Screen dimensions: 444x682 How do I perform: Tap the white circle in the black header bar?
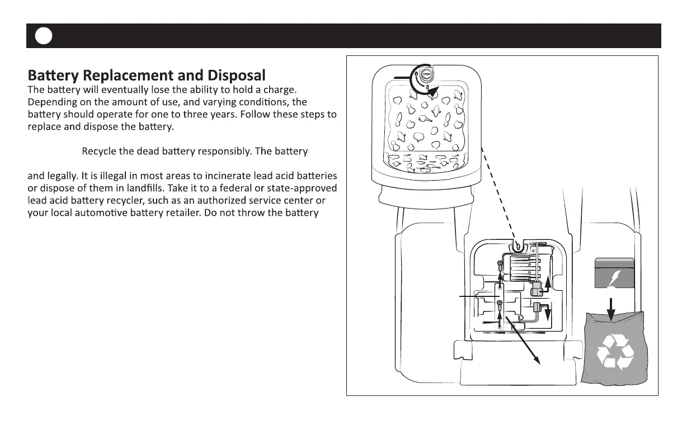click(43, 36)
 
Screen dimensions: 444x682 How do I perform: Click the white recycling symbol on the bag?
click(615, 352)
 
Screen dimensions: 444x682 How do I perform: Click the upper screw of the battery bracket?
click(500, 263)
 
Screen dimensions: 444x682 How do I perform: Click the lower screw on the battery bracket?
click(500, 304)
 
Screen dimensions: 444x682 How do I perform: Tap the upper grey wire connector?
click(536, 289)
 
